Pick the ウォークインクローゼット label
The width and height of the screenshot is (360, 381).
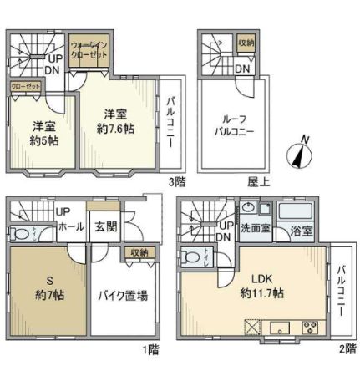(89, 48)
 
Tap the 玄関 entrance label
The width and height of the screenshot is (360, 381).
(104, 225)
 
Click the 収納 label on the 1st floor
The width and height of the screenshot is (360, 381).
(139, 251)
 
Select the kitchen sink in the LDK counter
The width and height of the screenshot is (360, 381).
(281, 325)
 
